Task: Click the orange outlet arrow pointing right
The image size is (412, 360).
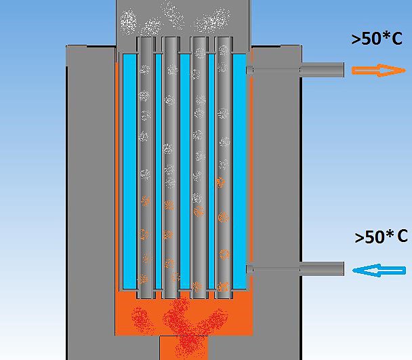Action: (x=379, y=71)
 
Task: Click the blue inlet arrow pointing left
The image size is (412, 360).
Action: (x=379, y=271)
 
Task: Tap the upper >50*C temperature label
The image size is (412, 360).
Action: (x=377, y=39)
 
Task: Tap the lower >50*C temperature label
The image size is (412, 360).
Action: (x=381, y=237)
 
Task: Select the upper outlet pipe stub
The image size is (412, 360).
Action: (x=322, y=70)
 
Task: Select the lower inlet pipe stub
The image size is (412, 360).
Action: (x=322, y=268)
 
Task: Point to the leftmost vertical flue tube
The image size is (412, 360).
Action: (x=145, y=167)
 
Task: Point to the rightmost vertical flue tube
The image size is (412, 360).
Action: (x=224, y=167)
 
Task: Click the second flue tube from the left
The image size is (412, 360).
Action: (x=170, y=167)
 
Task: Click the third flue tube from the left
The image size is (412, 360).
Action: (x=199, y=167)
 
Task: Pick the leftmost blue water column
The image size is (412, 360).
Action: (x=130, y=172)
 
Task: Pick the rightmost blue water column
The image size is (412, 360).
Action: (x=239, y=172)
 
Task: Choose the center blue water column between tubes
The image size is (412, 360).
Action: (x=185, y=172)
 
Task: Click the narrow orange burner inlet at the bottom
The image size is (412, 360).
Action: (x=184, y=348)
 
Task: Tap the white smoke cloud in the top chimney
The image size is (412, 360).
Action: (x=175, y=18)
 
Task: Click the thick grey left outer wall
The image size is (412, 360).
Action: (x=91, y=203)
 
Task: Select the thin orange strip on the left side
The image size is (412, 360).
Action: (x=117, y=176)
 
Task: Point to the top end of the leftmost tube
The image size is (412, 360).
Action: (x=145, y=37)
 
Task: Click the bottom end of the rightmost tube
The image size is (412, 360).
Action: (x=224, y=298)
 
